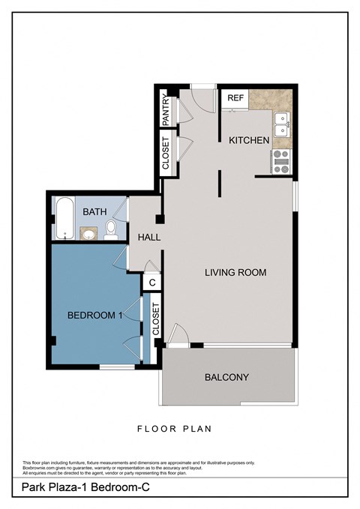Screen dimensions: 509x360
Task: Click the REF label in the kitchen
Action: [x=235, y=98]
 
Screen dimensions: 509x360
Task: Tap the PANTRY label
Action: [x=166, y=109]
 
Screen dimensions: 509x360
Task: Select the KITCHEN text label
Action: [x=248, y=140]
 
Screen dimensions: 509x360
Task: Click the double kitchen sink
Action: [x=281, y=124]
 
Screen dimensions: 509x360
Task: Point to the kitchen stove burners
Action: [x=281, y=162]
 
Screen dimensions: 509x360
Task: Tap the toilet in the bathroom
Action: [x=112, y=228]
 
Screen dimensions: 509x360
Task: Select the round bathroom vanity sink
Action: [x=88, y=234]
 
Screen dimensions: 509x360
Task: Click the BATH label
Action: [x=95, y=212]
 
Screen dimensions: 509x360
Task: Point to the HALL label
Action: [x=148, y=238]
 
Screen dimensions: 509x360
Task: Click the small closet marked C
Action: [x=151, y=283]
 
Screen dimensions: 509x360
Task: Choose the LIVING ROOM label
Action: [x=235, y=272]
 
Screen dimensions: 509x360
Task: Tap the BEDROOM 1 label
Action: [x=94, y=316]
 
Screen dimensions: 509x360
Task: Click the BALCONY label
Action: [x=226, y=377]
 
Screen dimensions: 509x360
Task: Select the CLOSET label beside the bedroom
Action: [x=156, y=320]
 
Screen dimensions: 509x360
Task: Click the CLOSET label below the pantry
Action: [x=166, y=153]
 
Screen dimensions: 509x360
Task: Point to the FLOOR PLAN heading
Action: [x=174, y=430]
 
